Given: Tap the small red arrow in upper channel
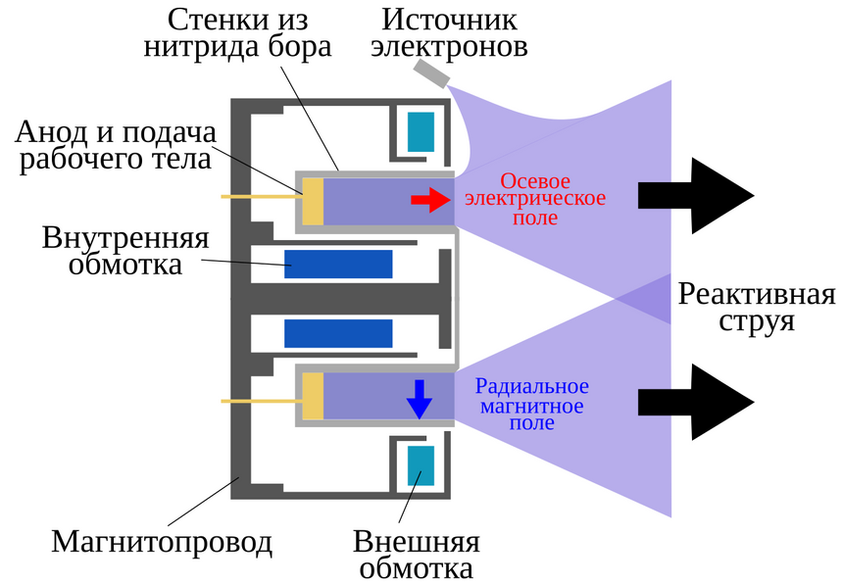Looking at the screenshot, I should pos(426,201).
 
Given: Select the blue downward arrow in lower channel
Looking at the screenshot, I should pos(420,398).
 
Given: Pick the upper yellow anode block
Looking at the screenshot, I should pos(313,201).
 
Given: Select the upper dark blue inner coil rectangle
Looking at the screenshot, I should pos(338,265).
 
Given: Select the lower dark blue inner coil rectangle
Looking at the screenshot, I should pos(338,333).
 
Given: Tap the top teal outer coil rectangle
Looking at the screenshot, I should pos(421,131).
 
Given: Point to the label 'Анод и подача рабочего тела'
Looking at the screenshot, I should pos(116,145).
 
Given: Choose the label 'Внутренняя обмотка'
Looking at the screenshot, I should pos(125,251).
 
